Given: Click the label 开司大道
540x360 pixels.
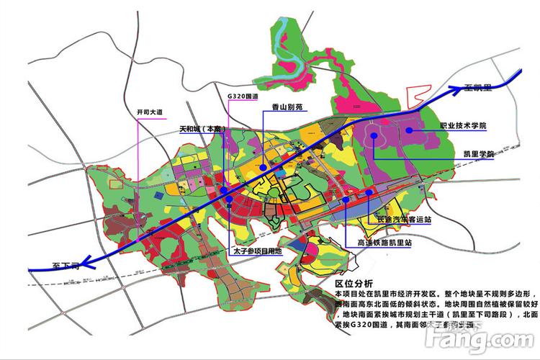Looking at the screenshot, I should click(x=150, y=112).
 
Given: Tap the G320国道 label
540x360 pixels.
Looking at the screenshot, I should click(x=243, y=96).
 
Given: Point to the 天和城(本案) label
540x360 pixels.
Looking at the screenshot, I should click(x=203, y=130).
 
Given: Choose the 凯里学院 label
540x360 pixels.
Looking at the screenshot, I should click(x=479, y=154).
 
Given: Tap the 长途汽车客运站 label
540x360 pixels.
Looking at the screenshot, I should click(x=403, y=218).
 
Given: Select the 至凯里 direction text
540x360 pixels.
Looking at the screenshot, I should click(x=477, y=87).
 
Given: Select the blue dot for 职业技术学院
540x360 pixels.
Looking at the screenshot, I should click(x=409, y=130).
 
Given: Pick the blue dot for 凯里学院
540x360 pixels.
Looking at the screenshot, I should click(x=374, y=136).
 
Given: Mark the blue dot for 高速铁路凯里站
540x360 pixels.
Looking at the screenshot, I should click(x=346, y=200).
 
